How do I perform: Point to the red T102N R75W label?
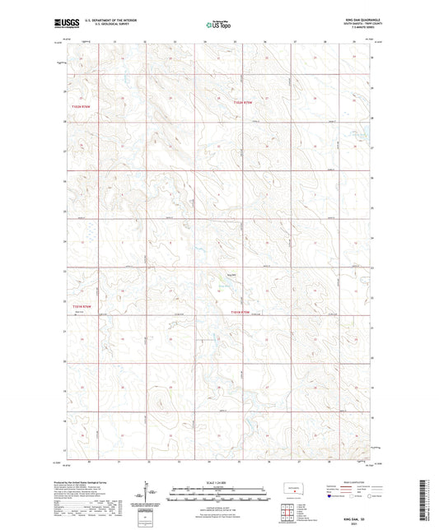coord(240,101)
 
